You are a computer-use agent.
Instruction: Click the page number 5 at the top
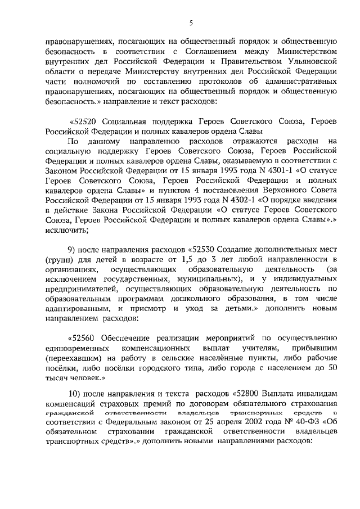pos(191,22)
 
